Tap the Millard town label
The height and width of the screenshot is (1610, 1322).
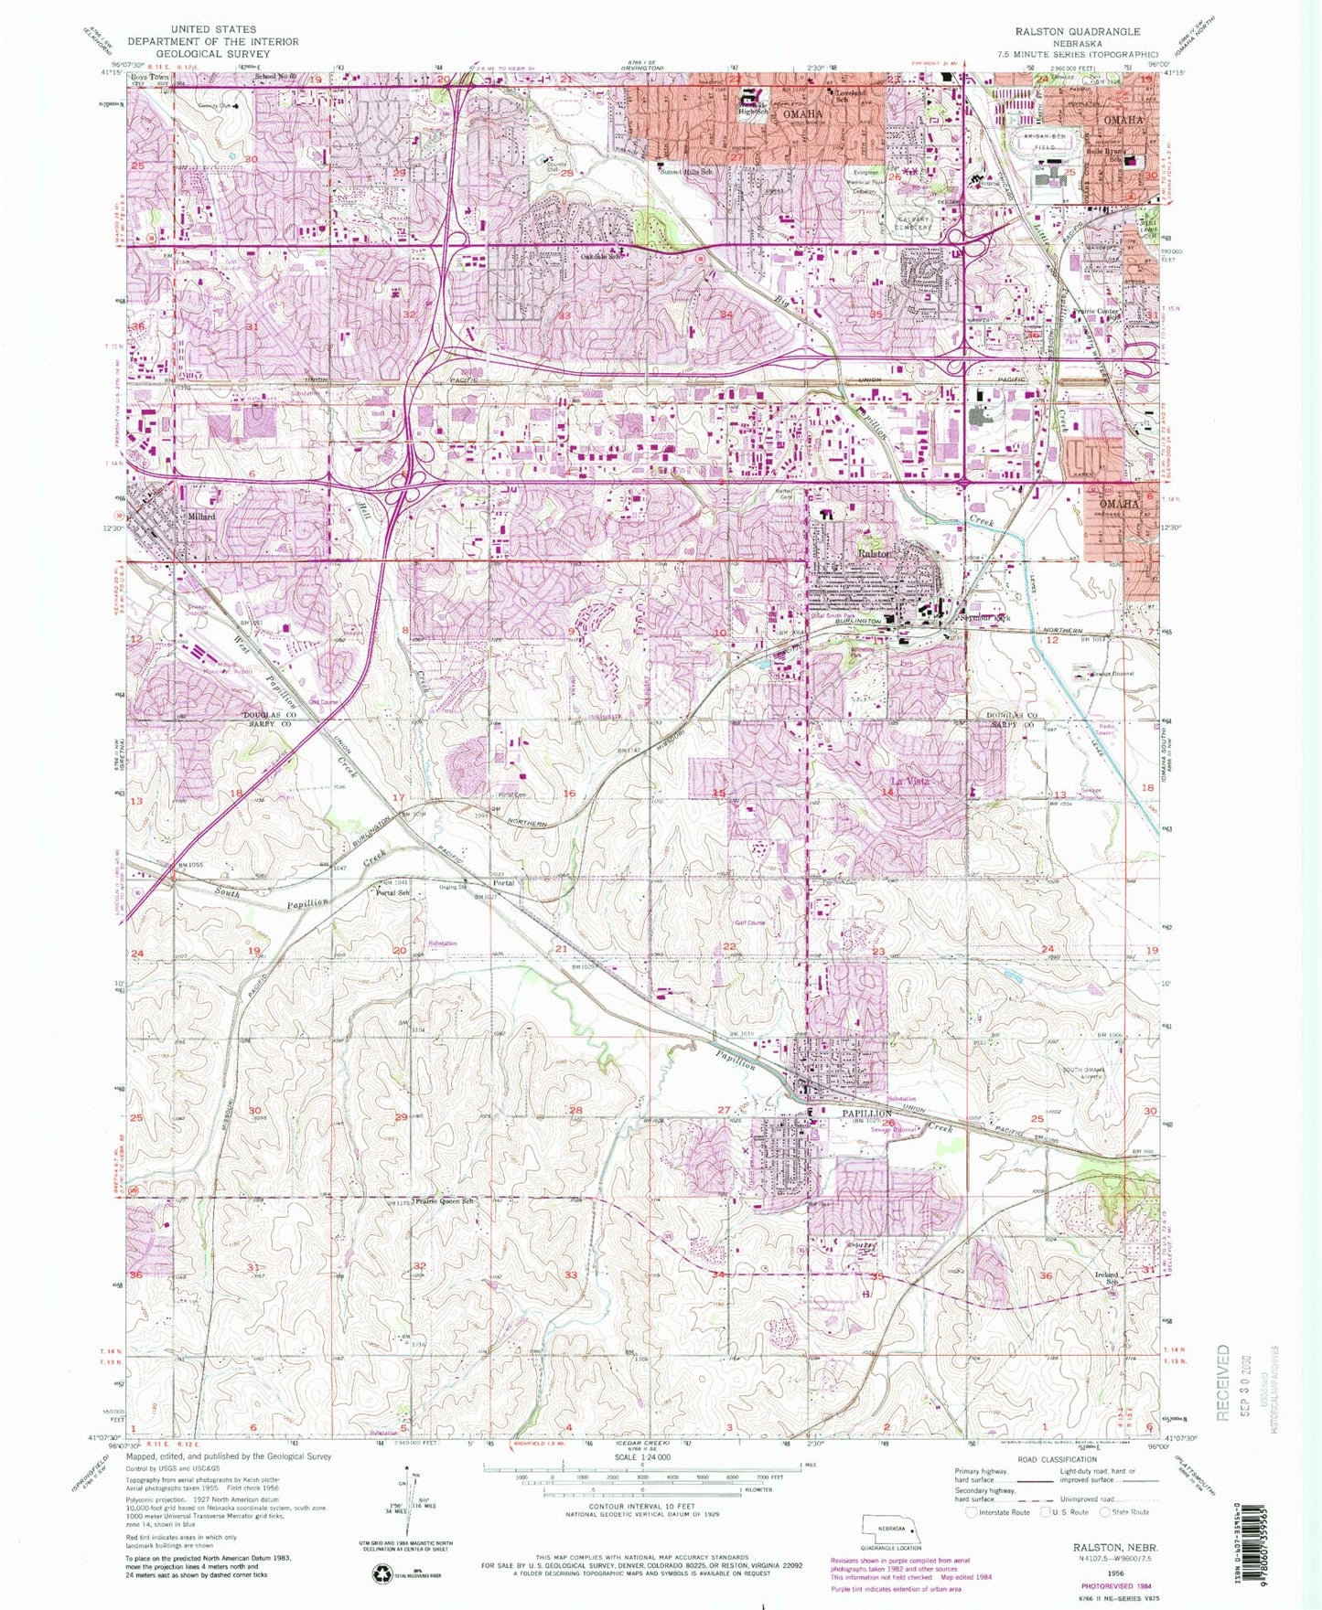coord(200,517)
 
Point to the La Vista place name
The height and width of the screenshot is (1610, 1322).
coord(910,781)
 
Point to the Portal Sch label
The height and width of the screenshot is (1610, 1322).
coord(392,893)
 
